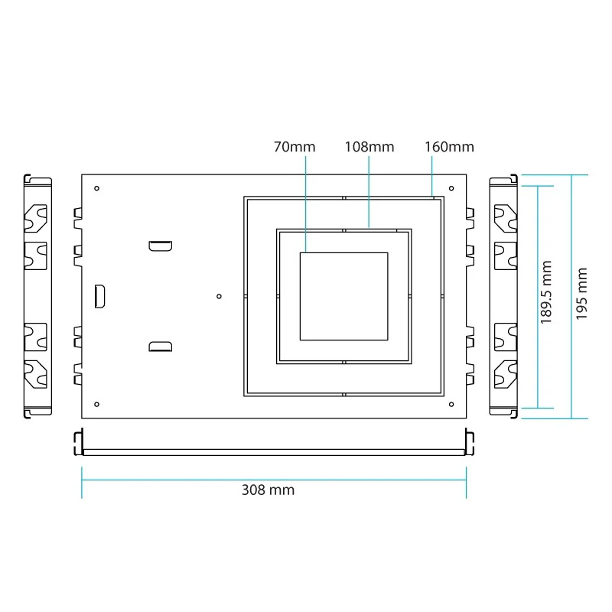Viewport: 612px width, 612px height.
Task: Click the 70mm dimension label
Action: point(295,147)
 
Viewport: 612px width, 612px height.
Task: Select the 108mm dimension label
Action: point(369,147)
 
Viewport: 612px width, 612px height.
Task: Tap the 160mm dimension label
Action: point(449,147)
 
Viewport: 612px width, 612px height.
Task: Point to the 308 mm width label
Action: point(269,490)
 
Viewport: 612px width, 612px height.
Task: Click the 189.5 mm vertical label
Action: point(546,292)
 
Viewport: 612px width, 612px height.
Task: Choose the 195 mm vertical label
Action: point(581,294)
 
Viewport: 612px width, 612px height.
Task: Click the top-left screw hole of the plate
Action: point(97,188)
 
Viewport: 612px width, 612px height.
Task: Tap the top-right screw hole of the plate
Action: point(451,188)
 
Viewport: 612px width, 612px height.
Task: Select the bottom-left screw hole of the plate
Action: point(97,405)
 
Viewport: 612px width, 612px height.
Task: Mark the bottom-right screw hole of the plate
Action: point(451,405)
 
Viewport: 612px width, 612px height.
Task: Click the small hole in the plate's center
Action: point(219,297)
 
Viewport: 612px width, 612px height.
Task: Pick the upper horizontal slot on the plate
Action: point(161,246)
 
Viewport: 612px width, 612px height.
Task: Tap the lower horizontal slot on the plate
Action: point(161,347)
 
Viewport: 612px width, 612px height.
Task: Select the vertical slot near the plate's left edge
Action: point(100,296)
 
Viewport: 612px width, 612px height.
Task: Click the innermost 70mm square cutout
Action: point(343,253)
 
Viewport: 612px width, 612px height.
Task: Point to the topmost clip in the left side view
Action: point(35,218)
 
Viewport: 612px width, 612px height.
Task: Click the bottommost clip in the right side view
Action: point(506,375)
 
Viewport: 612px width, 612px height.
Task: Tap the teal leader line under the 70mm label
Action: point(305,204)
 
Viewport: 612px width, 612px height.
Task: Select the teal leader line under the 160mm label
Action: point(432,177)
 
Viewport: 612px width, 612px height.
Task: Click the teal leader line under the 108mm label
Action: point(369,192)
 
